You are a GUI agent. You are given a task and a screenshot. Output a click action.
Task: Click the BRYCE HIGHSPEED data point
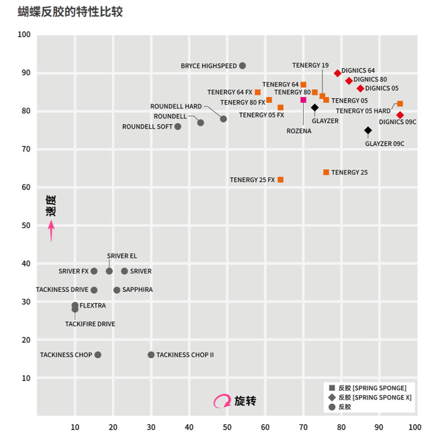[x=242, y=66]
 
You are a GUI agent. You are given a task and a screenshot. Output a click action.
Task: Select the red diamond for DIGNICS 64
[x=337, y=73]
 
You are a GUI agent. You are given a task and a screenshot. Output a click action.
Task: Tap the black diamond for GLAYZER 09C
[x=368, y=131]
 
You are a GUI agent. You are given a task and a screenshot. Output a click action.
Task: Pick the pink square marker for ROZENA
[x=303, y=100]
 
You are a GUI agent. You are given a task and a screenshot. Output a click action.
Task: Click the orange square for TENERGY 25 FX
[x=280, y=180]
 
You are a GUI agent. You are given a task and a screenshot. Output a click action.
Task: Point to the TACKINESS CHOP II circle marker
[x=151, y=355]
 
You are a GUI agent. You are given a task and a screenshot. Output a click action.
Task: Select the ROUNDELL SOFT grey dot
[x=178, y=127]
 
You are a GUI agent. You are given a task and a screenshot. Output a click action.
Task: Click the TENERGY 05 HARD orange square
[x=400, y=104]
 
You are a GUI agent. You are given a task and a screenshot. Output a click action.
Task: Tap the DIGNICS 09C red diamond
[x=400, y=115]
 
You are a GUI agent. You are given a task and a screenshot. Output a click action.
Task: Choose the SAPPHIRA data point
[x=117, y=290]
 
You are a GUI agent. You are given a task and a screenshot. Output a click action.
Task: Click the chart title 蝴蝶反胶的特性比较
[x=70, y=12]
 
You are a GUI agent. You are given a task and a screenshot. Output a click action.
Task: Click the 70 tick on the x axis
[x=303, y=427]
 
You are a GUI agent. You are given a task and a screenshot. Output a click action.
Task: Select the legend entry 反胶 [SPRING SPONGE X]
[x=371, y=397]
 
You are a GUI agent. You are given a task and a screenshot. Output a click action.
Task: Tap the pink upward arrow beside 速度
[x=51, y=230]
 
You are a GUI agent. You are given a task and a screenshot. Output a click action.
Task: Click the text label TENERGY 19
[x=310, y=65]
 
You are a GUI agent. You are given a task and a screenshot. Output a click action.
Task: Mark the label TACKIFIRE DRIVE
[x=90, y=324]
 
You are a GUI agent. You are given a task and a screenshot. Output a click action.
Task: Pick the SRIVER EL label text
[x=122, y=256]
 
